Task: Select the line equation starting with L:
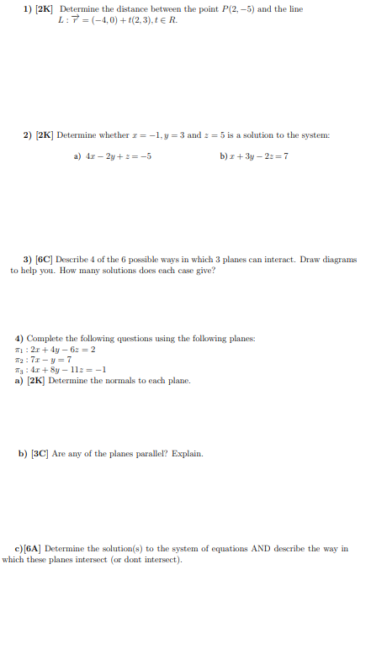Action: click(117, 20)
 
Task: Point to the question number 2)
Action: click(29, 135)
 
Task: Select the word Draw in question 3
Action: click(314, 260)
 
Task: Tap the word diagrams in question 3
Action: click(342, 260)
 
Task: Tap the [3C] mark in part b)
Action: click(39, 454)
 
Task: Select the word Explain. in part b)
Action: click(187, 454)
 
